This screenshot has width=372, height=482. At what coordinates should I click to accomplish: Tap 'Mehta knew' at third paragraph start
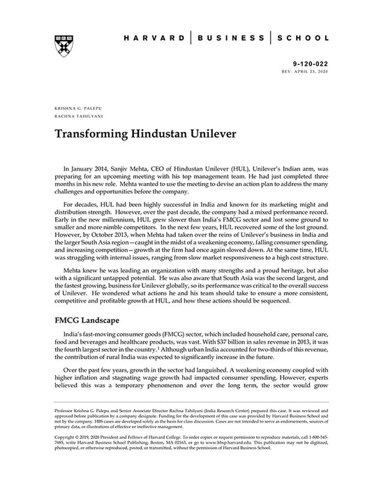coord(80,267)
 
